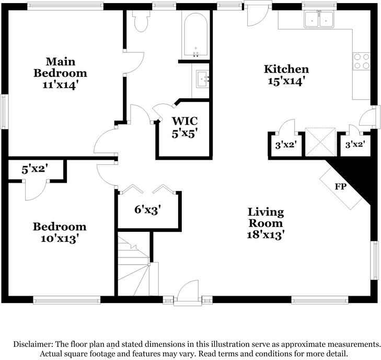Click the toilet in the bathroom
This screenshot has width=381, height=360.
click(x=141, y=21)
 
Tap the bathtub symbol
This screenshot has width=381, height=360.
click(x=195, y=35)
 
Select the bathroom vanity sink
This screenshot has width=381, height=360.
click(x=202, y=79)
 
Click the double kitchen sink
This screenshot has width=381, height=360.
click(x=319, y=19)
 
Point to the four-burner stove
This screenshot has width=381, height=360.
click(x=361, y=61)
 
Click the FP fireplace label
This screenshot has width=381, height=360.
click(x=340, y=187)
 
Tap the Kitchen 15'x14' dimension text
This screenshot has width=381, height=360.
click(x=286, y=81)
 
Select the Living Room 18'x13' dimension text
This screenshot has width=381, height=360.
click(x=265, y=235)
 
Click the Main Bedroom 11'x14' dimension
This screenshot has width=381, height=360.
click(x=61, y=85)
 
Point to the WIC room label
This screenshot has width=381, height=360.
click(x=184, y=121)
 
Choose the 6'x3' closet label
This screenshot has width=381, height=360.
click(x=148, y=209)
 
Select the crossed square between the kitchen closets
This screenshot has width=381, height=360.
click(x=321, y=142)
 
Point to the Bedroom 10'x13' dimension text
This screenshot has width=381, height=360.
click(x=60, y=239)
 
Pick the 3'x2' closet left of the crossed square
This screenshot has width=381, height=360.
click(x=286, y=145)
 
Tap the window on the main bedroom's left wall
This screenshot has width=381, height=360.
click(x=4, y=111)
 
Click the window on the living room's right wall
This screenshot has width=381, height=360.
click(x=376, y=261)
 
